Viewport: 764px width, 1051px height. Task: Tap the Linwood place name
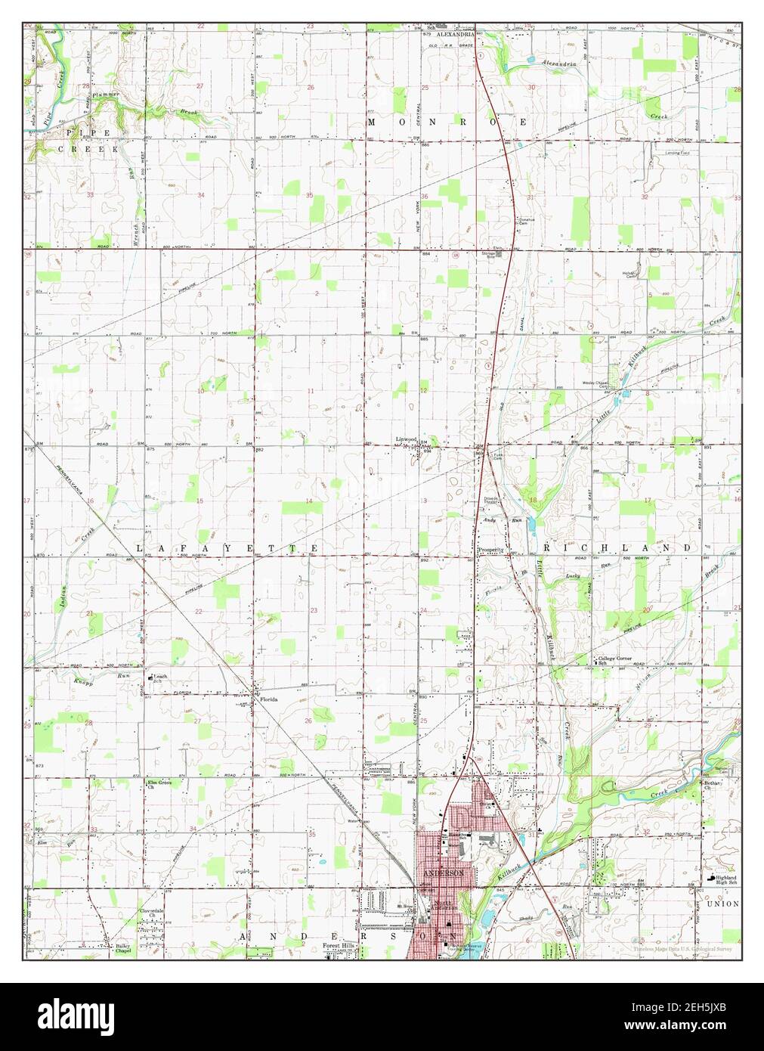pyautogui.click(x=407, y=439)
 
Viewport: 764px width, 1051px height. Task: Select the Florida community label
pyautogui.click(x=269, y=700)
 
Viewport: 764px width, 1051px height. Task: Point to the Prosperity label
pyautogui.click(x=490, y=550)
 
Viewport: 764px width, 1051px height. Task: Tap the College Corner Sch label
pyautogui.click(x=614, y=660)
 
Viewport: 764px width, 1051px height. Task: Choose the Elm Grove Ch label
pyautogui.click(x=159, y=784)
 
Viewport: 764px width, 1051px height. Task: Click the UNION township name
pyautogui.click(x=722, y=904)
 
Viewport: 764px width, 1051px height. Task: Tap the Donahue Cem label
pyautogui.click(x=526, y=222)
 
